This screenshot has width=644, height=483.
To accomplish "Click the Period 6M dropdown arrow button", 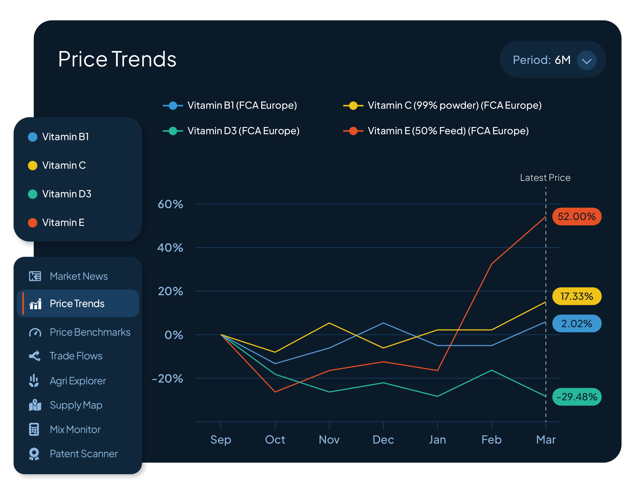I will coord(586,60).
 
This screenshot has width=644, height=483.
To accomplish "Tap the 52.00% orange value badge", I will coord(577,216).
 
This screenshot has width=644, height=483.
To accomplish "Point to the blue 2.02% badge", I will coord(577,324).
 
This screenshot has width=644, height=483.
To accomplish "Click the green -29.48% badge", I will coord(577,396).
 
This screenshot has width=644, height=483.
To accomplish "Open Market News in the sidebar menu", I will coord(78,276).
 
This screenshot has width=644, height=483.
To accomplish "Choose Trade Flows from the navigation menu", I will coord(76,356).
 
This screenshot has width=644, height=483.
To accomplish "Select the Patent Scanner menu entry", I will coord(83,454).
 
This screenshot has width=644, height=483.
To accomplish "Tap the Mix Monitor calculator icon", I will coord(34,429).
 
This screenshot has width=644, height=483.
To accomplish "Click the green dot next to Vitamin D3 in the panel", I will coord(33,194).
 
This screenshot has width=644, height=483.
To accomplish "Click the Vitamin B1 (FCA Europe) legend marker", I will coord(173,105).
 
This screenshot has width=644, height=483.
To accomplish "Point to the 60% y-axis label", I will coord(170,204).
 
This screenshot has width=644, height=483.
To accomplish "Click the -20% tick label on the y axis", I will coord(168,378).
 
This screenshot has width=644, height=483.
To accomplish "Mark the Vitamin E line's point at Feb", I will coord(492,264).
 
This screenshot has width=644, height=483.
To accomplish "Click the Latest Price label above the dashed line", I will coord(545,177).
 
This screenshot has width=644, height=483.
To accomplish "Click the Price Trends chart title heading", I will coord(117,59).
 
